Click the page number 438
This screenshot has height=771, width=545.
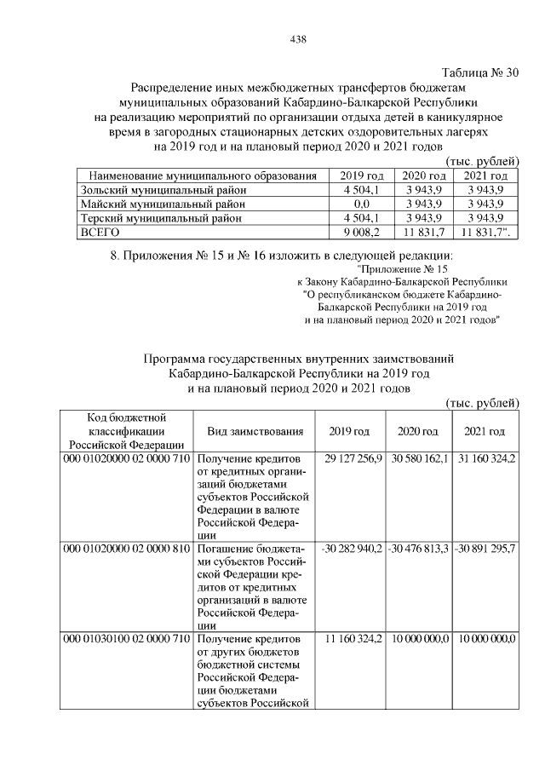click(297, 39)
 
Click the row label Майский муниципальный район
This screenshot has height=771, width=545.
click(163, 204)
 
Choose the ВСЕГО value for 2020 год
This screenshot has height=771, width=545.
click(424, 231)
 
